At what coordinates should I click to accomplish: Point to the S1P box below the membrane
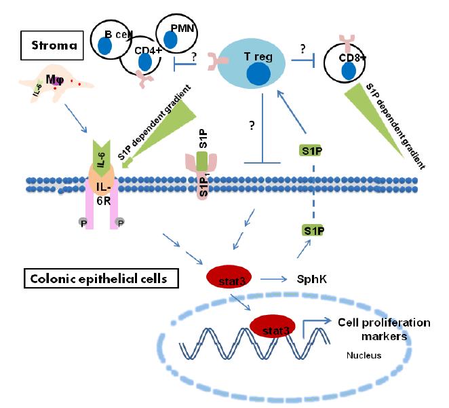313,231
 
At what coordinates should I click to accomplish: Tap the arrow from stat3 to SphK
274,279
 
